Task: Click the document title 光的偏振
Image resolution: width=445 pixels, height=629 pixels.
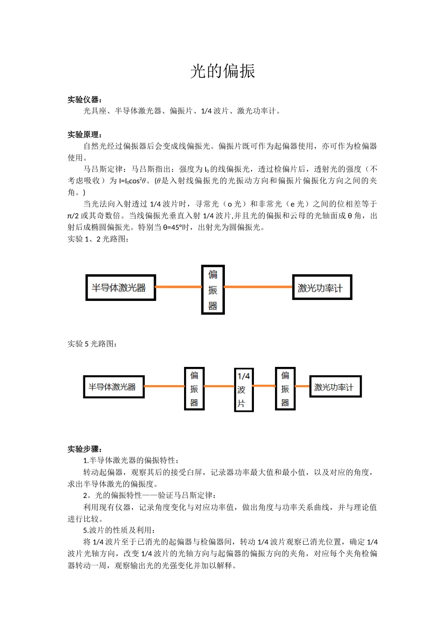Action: (x=222, y=71)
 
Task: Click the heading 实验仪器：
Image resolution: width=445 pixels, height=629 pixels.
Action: (x=85, y=99)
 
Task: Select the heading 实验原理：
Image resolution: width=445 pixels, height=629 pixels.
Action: (x=85, y=134)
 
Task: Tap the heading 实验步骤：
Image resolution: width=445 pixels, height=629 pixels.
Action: (x=85, y=449)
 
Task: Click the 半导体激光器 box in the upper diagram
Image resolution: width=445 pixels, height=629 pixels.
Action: (x=120, y=287)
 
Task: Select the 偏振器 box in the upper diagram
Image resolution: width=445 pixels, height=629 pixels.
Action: (x=213, y=290)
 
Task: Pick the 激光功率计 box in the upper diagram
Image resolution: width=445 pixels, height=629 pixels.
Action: (x=321, y=287)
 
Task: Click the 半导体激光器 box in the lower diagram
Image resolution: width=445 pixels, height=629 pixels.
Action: (x=113, y=387)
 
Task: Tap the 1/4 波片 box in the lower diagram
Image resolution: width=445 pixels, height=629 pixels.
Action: (x=244, y=389)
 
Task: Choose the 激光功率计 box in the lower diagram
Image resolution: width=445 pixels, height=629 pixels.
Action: (x=335, y=387)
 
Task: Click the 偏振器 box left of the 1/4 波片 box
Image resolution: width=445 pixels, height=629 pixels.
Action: (x=194, y=388)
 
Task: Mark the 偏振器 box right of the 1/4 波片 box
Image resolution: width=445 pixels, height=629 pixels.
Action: (x=285, y=388)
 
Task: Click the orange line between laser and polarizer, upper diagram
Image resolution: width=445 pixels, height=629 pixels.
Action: (x=178, y=287)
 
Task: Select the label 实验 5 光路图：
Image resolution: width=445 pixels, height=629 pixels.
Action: (x=92, y=344)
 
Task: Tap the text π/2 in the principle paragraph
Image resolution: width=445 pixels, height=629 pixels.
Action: (x=73, y=216)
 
